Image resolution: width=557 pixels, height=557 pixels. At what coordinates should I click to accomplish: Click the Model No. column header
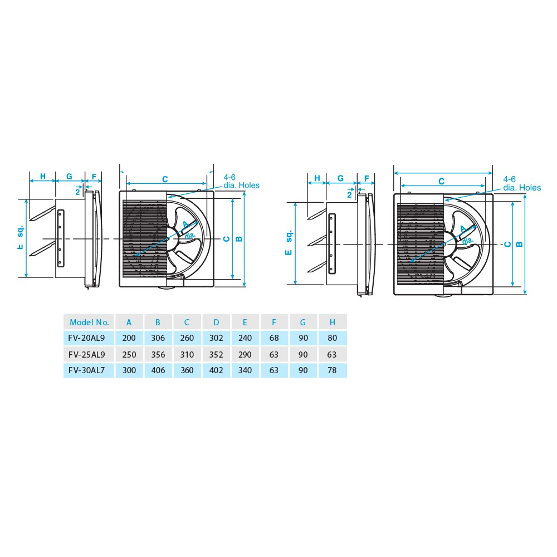[89, 322]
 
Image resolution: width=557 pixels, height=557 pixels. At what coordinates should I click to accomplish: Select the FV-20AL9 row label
[89, 338]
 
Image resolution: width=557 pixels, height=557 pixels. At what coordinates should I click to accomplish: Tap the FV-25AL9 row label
[89, 354]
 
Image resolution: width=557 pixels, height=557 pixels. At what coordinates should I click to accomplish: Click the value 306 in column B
[158, 338]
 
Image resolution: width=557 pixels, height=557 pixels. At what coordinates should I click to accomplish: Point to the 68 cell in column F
[275, 338]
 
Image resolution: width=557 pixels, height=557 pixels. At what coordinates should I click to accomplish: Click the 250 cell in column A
[129, 354]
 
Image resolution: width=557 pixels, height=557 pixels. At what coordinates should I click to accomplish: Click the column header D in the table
[216, 322]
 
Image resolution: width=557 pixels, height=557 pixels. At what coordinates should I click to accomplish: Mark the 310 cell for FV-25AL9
[187, 354]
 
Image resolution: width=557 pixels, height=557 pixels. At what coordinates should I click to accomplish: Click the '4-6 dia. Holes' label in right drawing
[521, 184]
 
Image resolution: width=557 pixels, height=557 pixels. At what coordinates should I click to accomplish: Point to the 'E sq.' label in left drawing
[21, 237]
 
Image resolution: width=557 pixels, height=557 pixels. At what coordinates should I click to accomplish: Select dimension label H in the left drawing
[42, 177]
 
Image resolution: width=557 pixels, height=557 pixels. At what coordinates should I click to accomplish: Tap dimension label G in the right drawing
[340, 179]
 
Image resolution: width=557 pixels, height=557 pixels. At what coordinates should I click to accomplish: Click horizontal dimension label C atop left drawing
[165, 179]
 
